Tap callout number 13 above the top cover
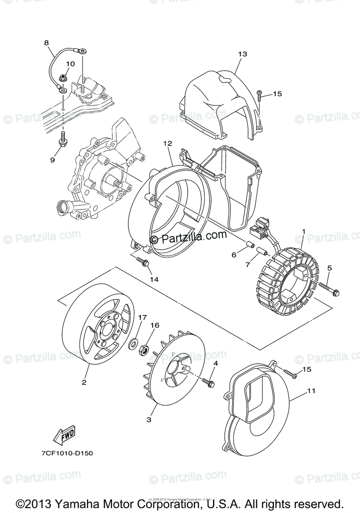pos(242,54)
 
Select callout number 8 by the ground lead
pos(46,43)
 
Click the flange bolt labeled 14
pos(143,263)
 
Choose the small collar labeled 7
pos(265,254)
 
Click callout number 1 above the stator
pos(303,231)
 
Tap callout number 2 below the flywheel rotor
pos(84,382)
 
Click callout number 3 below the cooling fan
pos(149,420)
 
